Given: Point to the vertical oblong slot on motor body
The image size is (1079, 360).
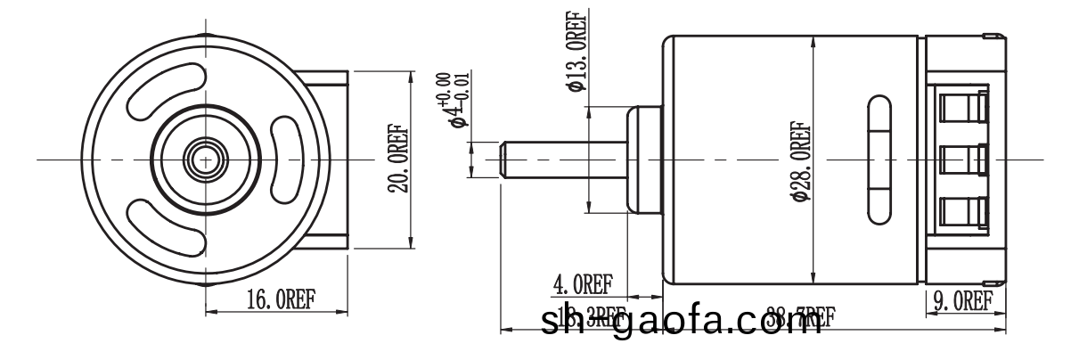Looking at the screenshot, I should pyautogui.click(x=877, y=160).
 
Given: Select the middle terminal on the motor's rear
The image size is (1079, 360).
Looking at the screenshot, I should pyautogui.click(x=965, y=161).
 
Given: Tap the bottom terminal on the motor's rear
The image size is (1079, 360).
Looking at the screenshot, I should pyautogui.click(x=965, y=213).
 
